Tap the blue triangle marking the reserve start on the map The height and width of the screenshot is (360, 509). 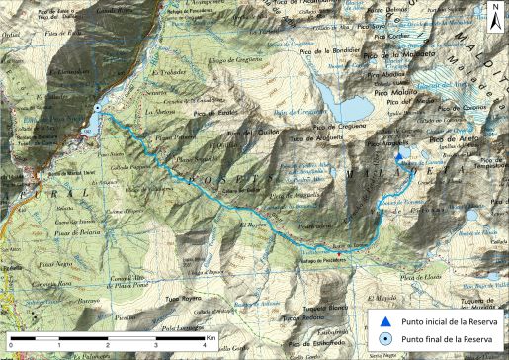pyautogui.click(x=398, y=156)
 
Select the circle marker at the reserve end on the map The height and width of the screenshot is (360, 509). pyautogui.click(x=97, y=108)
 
